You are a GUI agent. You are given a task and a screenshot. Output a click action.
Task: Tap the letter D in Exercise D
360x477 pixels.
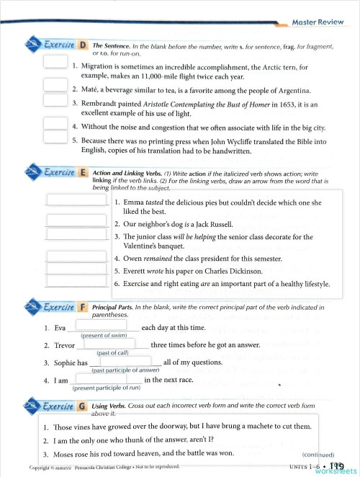coord(82,46)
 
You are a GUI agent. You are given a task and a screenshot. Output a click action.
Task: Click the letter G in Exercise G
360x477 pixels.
coord(82,406)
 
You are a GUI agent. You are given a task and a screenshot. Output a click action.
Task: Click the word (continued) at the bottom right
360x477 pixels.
coord(319,455)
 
